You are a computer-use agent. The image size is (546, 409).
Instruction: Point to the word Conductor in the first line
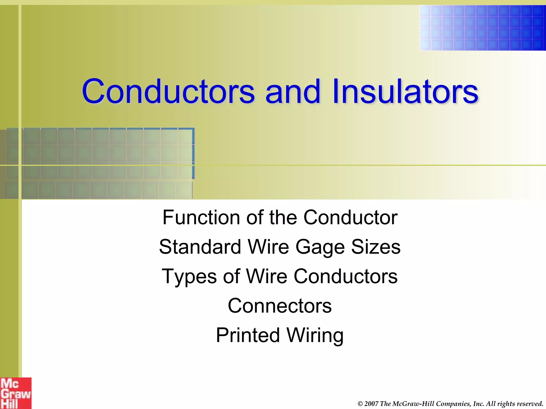click(350, 218)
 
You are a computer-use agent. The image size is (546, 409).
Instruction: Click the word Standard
click(200, 247)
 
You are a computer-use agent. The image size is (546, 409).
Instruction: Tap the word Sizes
click(376, 247)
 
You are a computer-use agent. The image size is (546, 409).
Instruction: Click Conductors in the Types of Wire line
click(346, 276)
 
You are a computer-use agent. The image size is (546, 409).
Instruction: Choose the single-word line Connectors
click(280, 306)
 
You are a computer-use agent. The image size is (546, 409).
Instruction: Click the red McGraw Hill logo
click(15, 393)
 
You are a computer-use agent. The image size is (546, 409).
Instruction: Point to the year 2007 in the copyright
click(371, 404)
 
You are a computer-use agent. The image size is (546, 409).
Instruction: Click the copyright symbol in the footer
click(360, 404)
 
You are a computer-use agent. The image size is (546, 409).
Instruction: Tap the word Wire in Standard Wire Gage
click(268, 247)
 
